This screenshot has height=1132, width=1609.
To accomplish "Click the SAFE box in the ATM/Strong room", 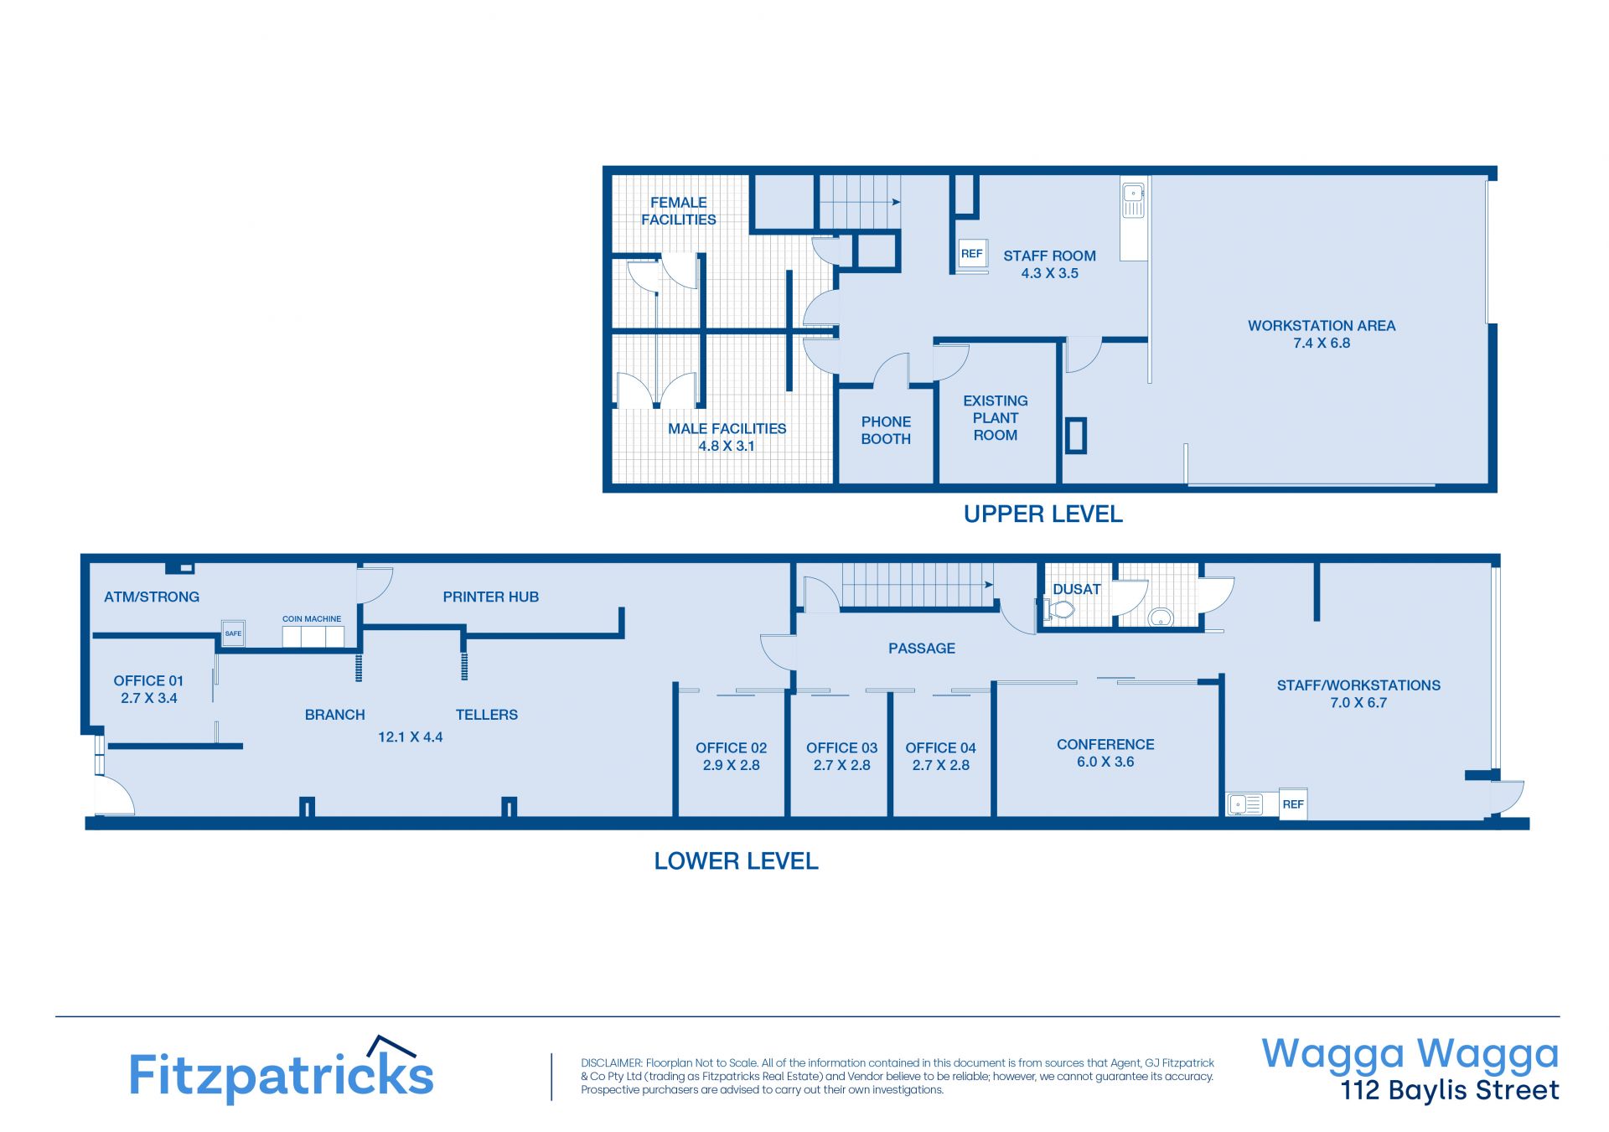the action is coord(233,633).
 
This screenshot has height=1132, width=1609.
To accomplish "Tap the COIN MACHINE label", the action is coord(312,619).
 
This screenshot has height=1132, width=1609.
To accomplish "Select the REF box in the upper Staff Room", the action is coord(972,253).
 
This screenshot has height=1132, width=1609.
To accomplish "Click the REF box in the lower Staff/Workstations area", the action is coord(1293,804).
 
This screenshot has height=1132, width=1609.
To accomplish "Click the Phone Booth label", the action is coord(886,431).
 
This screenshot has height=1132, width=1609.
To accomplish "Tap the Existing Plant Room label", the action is coord(996,418).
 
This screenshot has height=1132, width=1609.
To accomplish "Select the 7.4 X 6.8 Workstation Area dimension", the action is coord(1322,343).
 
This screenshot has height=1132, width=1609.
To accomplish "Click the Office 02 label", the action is coord(732,748).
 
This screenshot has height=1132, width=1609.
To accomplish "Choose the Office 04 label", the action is coord(941,748).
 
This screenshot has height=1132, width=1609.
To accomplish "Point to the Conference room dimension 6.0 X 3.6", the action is coord(1105,762).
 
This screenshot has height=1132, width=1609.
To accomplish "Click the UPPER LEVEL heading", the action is coord(1043,514).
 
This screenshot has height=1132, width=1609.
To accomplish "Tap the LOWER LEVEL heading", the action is coord(736,861).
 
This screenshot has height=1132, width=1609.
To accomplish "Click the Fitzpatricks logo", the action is coord(281,1069).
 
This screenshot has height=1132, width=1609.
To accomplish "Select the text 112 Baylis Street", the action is coord(1450,1090).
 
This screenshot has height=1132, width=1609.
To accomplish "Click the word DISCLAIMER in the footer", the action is coord(611,1063).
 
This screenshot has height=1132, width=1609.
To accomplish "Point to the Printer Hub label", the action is coord(491,597).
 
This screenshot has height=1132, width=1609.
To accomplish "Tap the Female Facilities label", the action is coord(679,211).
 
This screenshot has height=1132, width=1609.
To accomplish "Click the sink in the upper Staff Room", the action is coord(1133,200).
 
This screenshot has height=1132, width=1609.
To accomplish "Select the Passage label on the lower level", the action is coord(922,649).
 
